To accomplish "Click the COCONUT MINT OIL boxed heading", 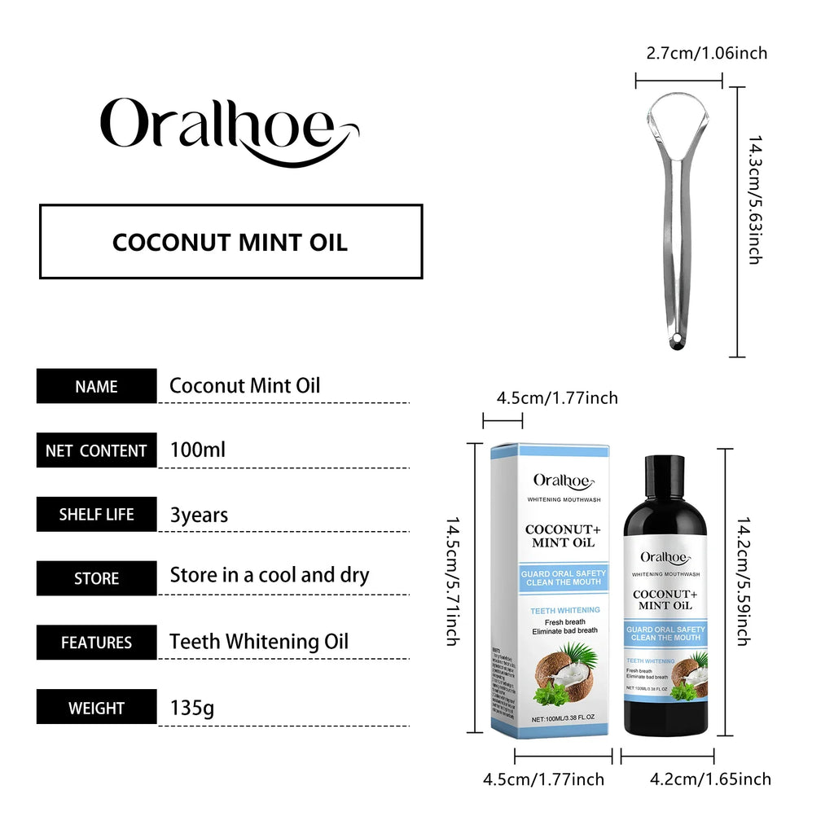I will (230, 242).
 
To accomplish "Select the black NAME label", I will (96, 386).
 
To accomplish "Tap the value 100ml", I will (197, 450).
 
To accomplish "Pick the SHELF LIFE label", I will (96, 515).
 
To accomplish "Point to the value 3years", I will (199, 515).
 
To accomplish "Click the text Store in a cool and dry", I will (269, 575).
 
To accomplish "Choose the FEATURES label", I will (96, 643).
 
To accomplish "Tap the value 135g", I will (192, 707).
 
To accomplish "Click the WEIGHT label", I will (96, 707).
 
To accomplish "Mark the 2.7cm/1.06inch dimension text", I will (707, 54).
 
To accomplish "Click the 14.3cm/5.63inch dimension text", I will (755, 200).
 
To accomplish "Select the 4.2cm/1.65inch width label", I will (709, 779).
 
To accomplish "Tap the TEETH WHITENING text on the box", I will (565, 610).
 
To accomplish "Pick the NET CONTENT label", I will (96, 450).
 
